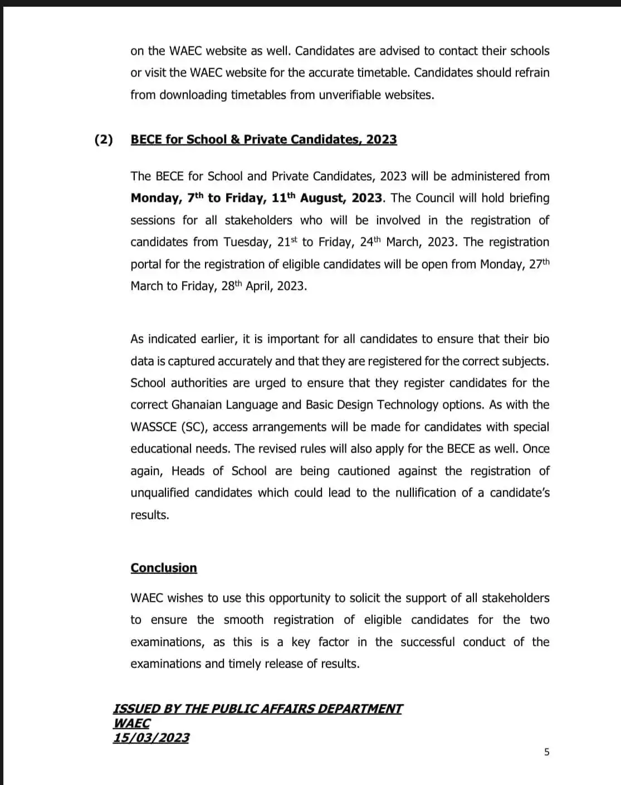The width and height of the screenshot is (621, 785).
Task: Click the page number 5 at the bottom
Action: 546,752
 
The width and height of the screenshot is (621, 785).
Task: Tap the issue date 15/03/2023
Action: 151,738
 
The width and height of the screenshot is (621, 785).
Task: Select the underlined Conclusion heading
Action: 164,568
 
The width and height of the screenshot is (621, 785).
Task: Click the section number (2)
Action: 104,139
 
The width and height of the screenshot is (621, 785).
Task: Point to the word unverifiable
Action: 356,95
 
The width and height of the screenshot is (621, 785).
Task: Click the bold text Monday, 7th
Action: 167,198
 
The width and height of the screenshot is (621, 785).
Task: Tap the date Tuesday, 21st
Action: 261,242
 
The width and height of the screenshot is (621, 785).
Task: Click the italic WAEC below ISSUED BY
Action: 132,723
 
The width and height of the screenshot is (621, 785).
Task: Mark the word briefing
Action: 526,198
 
